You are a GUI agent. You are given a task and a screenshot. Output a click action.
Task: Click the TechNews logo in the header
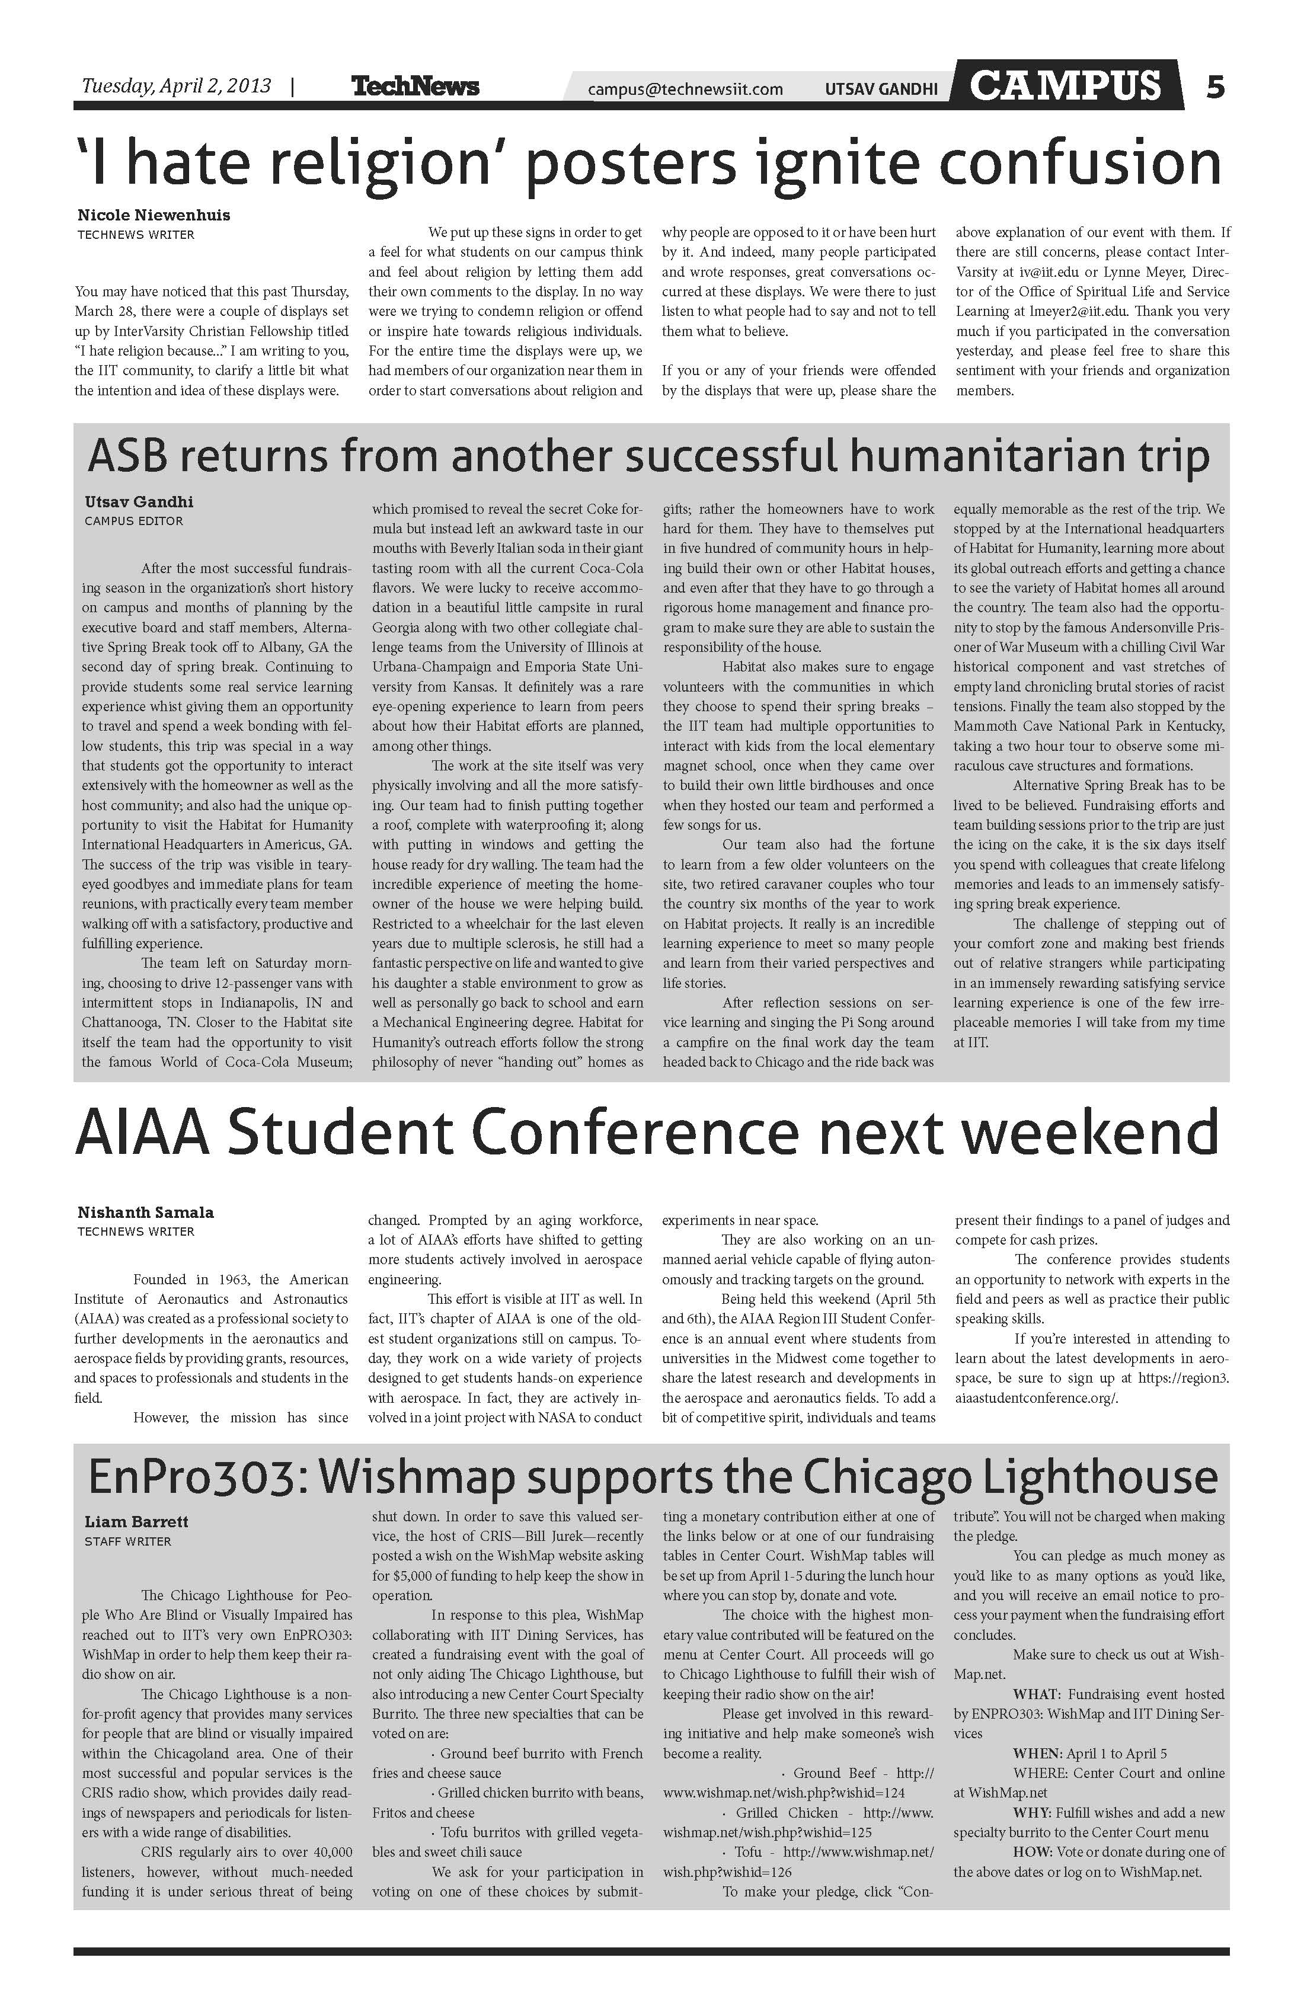(414, 87)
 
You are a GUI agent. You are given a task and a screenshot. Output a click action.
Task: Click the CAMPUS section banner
(1065, 85)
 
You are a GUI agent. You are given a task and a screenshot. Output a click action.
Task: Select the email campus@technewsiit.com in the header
(685, 89)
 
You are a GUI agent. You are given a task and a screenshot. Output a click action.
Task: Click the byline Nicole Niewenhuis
(154, 215)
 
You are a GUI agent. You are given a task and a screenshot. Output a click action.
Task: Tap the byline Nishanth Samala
(146, 1213)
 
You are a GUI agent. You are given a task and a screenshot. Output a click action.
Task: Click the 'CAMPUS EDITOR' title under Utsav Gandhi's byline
(134, 522)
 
